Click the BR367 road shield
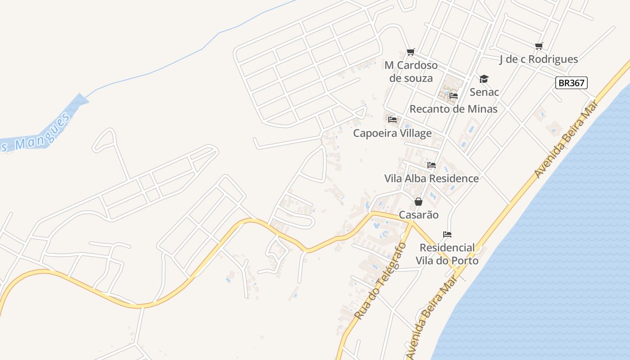click(x=571, y=83)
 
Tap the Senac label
click(x=484, y=92)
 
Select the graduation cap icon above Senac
click(x=484, y=79)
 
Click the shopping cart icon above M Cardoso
click(x=410, y=53)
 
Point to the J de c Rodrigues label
click(x=539, y=59)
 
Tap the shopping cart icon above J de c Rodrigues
click(x=539, y=46)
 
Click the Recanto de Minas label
click(x=453, y=109)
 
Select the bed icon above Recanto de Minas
click(x=454, y=96)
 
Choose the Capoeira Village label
click(x=392, y=133)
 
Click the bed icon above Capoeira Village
click(x=392, y=120)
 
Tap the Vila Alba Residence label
click(x=432, y=179)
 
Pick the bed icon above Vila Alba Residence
click(x=432, y=165)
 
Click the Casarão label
click(x=418, y=215)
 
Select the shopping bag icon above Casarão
click(x=418, y=202)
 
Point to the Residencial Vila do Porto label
click(x=447, y=254)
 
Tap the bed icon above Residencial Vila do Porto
click(x=447, y=234)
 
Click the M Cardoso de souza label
click(x=411, y=72)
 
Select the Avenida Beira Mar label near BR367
click(x=566, y=139)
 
